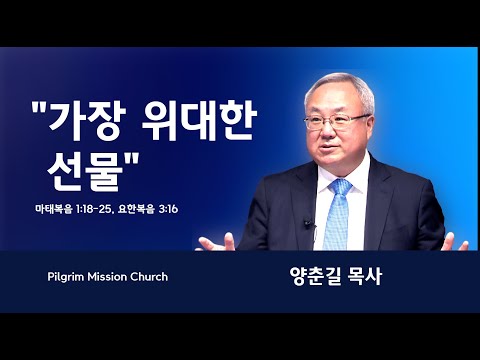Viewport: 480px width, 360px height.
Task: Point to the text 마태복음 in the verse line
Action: click(54, 209)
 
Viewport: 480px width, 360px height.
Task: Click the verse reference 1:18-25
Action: click(95, 209)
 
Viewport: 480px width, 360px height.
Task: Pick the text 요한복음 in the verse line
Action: click(136, 209)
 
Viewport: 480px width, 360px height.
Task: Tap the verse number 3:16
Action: click(168, 209)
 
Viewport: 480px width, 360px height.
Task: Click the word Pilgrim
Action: click(66, 277)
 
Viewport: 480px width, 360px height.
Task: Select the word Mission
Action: click(107, 277)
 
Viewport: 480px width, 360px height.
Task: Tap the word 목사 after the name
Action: click(364, 276)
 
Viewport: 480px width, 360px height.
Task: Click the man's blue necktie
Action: click(337, 214)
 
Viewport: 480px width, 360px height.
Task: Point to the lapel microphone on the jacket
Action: click(308, 224)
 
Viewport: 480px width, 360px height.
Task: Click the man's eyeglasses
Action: click(336, 121)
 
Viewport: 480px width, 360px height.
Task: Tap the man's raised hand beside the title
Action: click(217, 243)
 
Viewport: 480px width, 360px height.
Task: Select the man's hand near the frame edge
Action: click(455, 243)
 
